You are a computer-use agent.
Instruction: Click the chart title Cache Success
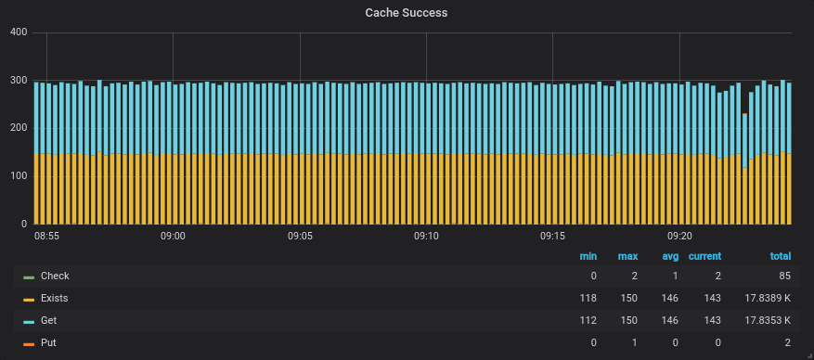pos(407,13)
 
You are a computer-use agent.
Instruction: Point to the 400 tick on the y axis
pos(18,32)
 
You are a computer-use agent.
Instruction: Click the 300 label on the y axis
pos(18,81)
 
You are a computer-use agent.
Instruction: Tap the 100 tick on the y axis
pos(18,176)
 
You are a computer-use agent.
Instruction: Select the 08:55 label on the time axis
pos(46,237)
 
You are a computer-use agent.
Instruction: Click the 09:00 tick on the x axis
pos(173,237)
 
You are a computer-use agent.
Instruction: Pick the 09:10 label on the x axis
pos(426,237)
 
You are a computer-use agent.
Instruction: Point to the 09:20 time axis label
pos(679,237)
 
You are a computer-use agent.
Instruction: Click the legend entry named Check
pos(55,276)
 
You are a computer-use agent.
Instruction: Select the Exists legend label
pos(54,299)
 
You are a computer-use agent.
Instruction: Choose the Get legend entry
pos(49,321)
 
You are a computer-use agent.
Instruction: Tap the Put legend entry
pos(48,343)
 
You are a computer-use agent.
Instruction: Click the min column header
pos(588,256)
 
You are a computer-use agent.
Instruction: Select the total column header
pos(780,256)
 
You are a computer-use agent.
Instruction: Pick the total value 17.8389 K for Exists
pos(768,299)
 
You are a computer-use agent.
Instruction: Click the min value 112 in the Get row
pos(588,321)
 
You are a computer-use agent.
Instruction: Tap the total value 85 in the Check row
pos(784,276)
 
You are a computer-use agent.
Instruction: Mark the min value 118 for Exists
pos(588,299)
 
